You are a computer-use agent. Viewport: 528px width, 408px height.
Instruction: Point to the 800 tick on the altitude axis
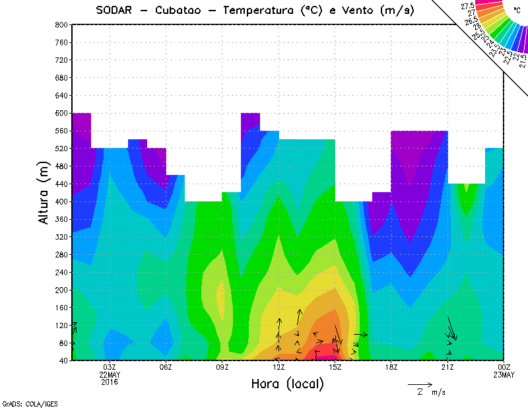coord(61,24)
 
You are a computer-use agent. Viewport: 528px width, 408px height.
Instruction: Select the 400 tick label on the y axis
coord(61,201)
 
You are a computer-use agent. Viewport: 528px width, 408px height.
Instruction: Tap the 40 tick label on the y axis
coord(63,360)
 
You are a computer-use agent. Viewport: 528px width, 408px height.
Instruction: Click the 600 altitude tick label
coord(61,113)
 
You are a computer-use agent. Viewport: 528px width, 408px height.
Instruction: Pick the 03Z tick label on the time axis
coord(110,367)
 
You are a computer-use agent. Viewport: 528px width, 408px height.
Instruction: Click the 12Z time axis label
coord(279,367)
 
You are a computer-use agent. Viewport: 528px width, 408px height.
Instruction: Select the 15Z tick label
coord(335,367)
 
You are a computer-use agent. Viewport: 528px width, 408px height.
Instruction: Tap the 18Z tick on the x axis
coord(391,367)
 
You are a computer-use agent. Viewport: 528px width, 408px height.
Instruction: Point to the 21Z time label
coord(447,367)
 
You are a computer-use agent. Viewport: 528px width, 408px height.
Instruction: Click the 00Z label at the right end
coord(504,367)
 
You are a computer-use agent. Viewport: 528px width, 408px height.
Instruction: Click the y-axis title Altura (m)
coord(44,192)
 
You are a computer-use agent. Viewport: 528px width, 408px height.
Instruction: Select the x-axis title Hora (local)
coord(287,384)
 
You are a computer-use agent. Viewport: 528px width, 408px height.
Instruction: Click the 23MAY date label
coord(504,375)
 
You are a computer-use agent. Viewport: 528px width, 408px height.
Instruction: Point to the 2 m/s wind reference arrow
coord(419,384)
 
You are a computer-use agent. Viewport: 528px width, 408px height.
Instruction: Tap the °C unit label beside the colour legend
coord(515,11)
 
